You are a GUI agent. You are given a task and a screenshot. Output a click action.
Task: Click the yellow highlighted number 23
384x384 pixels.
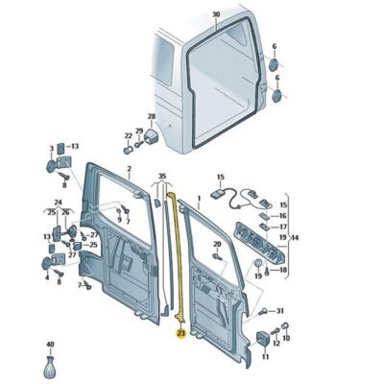point(180,334)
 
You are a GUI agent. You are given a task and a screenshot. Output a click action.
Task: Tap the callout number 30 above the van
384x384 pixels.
point(216,14)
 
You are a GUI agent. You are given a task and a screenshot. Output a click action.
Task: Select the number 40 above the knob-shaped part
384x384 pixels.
point(50,343)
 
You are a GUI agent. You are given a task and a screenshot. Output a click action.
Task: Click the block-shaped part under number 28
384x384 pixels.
point(150,136)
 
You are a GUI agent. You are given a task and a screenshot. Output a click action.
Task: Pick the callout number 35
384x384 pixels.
point(162,178)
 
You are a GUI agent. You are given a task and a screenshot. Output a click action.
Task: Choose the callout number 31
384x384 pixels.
point(279,312)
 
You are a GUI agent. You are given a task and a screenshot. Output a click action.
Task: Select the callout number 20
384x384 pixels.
point(217,245)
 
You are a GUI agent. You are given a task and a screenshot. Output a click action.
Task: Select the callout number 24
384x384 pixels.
point(58,203)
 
